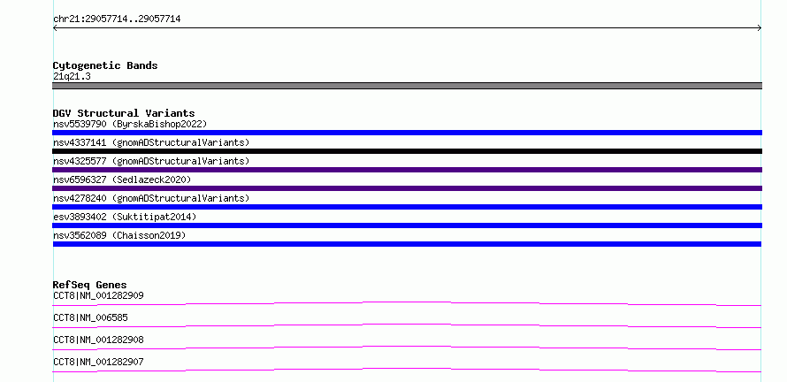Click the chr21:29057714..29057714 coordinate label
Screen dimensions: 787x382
[x=117, y=19]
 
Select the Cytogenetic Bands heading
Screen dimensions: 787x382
[x=105, y=65]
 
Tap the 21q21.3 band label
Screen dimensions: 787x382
[x=72, y=77]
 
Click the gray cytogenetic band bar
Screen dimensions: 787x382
[x=407, y=86]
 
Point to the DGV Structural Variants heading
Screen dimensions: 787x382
[x=124, y=113]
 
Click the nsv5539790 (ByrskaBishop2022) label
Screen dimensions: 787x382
[x=130, y=124]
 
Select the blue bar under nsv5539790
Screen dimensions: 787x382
[x=407, y=133]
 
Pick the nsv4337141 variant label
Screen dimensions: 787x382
[x=151, y=142]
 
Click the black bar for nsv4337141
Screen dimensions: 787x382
[x=407, y=151]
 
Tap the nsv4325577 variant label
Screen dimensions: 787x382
[x=151, y=161]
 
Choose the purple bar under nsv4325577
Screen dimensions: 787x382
[x=407, y=170]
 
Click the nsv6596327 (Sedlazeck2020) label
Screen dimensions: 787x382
[x=122, y=180]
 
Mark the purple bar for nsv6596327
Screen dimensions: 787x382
[x=407, y=188]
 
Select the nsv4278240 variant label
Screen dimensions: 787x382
[x=151, y=198]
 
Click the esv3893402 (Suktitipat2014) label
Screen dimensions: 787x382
[x=125, y=217]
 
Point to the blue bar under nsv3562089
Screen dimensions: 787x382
[x=407, y=244]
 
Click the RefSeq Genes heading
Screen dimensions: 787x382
[x=90, y=285]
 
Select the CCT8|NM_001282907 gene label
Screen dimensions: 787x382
[x=98, y=362]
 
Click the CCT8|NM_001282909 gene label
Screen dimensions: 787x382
[x=98, y=295]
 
